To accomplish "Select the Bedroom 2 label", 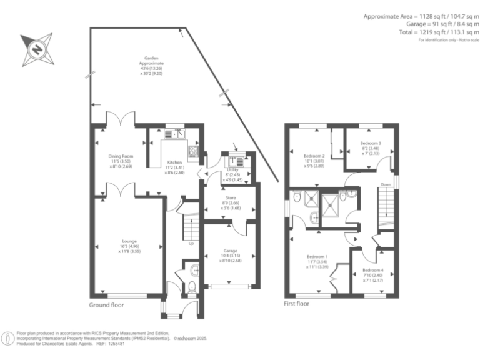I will tap(314, 156).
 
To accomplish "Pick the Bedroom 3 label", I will tap(370, 143).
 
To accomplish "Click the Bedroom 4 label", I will tap(372, 271).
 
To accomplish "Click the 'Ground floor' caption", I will tap(106, 306).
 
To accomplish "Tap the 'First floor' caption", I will tap(297, 304).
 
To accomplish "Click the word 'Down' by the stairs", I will tap(386, 185).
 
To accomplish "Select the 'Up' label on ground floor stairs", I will tap(190, 243).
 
